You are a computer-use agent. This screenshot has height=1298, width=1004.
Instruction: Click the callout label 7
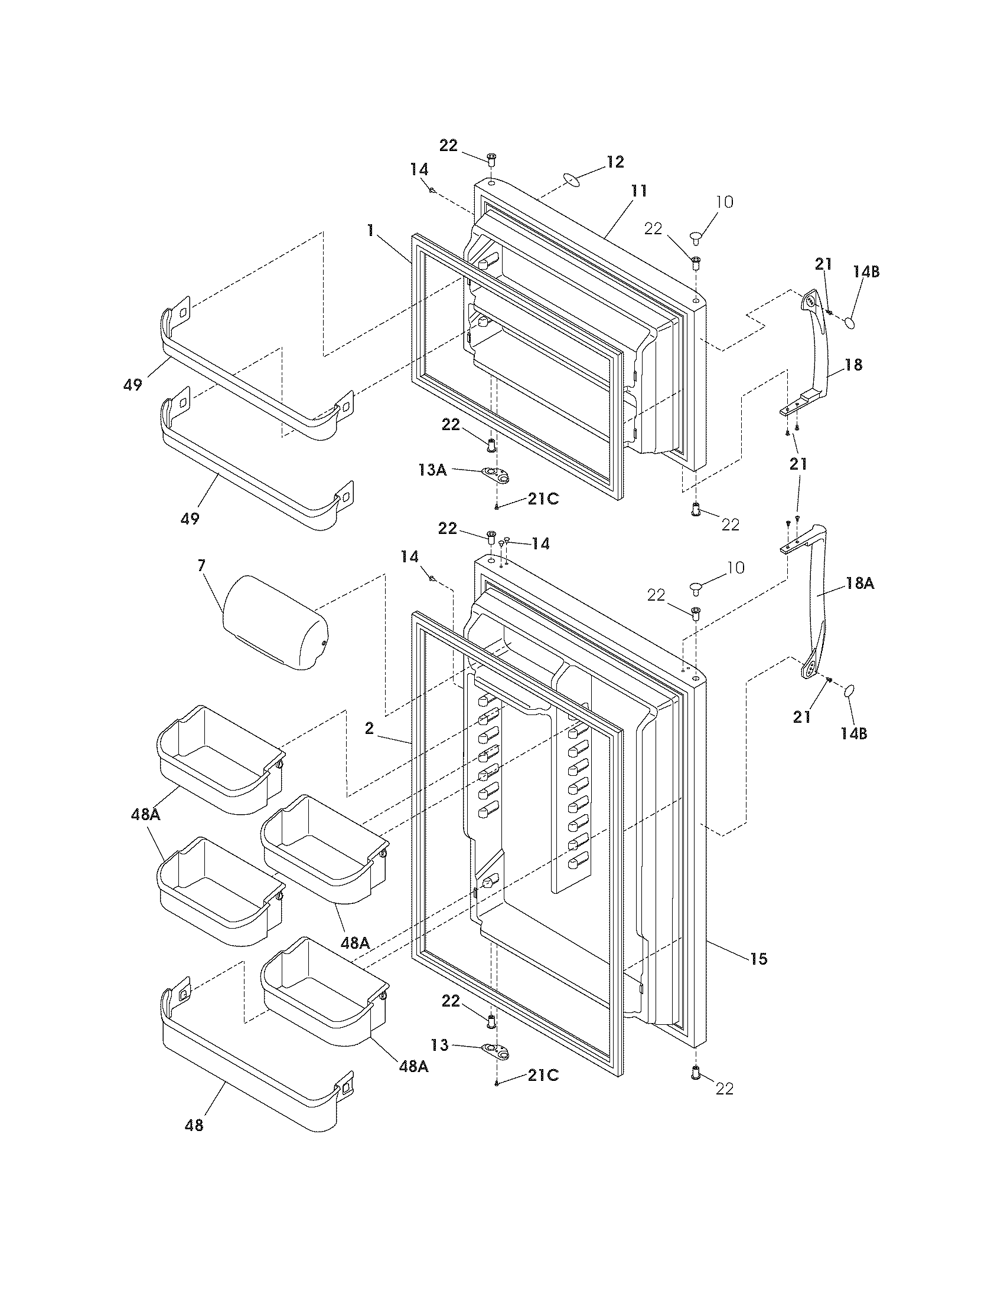click(x=201, y=565)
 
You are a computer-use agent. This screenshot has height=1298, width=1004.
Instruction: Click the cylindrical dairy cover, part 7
click(x=275, y=622)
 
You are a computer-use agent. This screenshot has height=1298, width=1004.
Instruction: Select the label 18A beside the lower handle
click(x=860, y=584)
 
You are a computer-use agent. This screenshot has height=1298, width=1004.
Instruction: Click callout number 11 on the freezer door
click(x=639, y=191)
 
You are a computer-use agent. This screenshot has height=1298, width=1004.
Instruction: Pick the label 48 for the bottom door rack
click(x=194, y=1125)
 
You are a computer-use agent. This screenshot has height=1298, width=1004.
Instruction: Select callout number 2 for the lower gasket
click(x=369, y=729)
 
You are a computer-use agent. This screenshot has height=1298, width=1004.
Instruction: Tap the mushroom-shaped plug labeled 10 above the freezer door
click(x=697, y=237)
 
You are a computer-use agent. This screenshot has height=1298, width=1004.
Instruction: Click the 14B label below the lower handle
click(x=853, y=733)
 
